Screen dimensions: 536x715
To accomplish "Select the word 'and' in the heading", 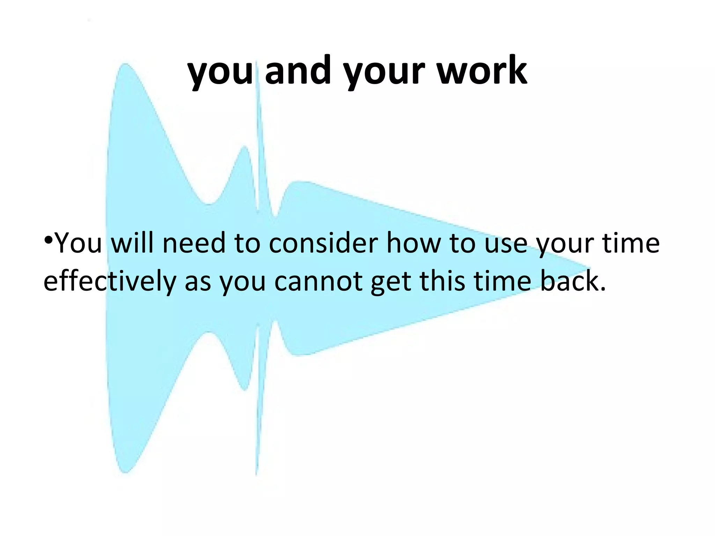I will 297,72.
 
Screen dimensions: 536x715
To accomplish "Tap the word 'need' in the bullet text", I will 194,243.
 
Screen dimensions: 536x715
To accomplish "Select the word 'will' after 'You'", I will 132,243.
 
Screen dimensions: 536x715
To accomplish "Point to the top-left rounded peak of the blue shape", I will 125,66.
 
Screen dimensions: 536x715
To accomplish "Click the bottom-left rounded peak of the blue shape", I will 125,471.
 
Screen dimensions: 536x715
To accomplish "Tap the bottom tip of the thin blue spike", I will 256,475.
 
